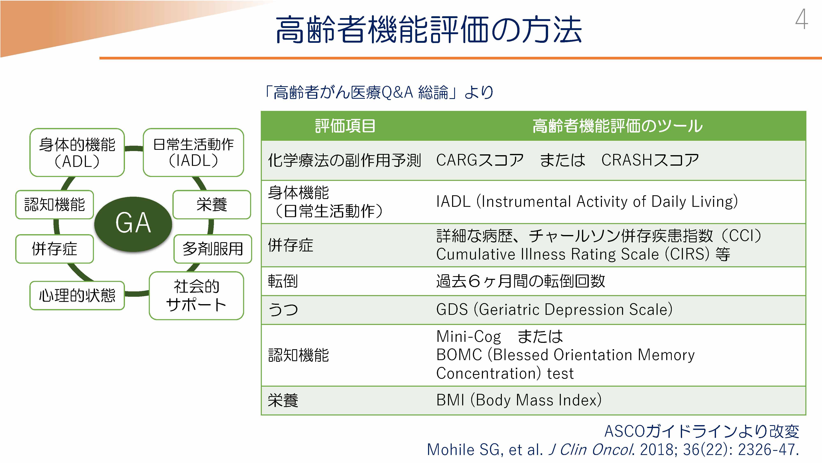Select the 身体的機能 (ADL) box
point(77,152)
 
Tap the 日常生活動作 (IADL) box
point(193,152)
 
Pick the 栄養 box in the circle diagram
point(212,205)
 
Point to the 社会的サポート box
point(196,295)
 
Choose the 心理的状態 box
point(77,295)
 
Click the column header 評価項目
point(345,126)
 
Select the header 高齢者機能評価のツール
point(618,126)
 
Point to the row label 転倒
point(283,281)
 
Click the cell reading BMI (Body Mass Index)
point(519,400)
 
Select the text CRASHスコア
point(650,160)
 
